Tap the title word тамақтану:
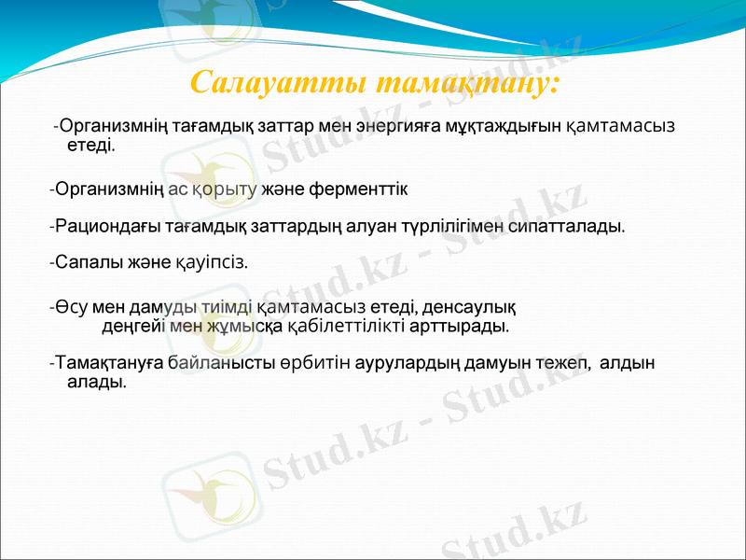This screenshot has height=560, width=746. [x=466, y=82]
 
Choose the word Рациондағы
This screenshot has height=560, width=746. [x=105, y=226]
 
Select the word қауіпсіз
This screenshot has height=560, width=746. [x=212, y=262]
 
